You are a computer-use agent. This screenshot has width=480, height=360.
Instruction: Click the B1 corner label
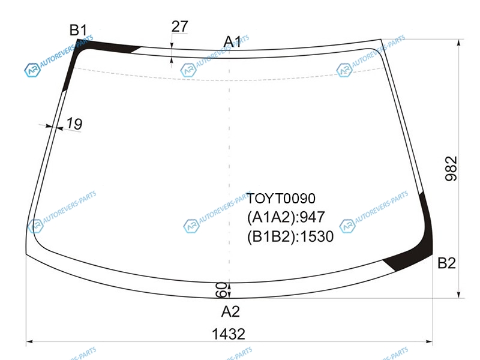(78, 30)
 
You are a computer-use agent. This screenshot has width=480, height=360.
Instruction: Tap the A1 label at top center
(232, 41)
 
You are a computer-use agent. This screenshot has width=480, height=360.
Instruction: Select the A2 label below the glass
(230, 311)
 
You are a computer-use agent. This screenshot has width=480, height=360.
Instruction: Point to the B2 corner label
(446, 263)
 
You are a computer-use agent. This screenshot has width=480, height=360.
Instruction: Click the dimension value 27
(179, 26)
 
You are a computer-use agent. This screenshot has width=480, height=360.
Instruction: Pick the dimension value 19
(74, 124)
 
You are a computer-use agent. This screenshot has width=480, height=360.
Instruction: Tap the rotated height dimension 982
(451, 169)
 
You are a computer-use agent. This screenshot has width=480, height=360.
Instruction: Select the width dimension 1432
(229, 334)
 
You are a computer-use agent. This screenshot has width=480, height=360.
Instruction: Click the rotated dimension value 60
(221, 290)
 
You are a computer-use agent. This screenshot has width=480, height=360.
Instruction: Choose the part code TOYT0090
(281, 199)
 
